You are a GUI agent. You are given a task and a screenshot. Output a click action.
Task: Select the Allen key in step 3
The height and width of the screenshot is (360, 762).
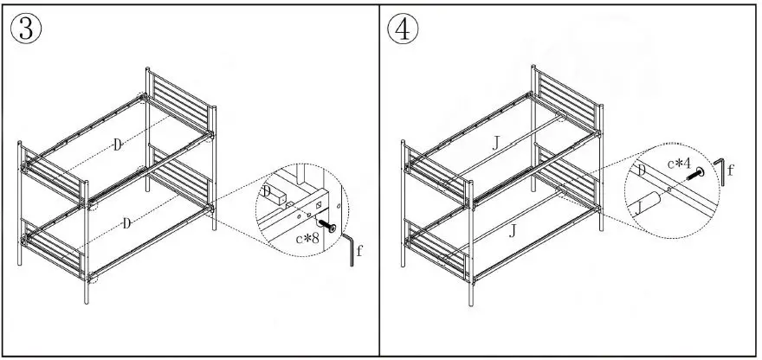tap(350, 250)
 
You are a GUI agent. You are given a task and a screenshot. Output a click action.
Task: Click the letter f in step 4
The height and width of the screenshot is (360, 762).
tap(729, 170)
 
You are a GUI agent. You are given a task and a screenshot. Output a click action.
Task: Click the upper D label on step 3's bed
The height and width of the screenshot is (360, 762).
tap(117, 145)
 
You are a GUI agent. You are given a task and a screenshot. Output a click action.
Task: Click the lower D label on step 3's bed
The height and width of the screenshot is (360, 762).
tap(127, 224)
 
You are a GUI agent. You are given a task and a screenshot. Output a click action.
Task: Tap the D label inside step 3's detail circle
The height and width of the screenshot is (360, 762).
tap(268, 190)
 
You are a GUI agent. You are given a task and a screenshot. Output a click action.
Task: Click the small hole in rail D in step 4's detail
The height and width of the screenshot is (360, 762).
tap(671, 186)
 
